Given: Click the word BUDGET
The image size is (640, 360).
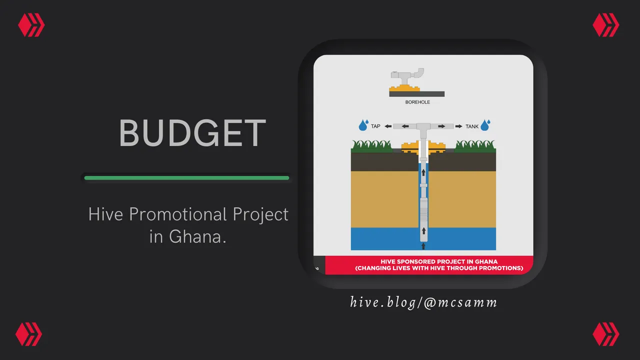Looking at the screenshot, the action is [192, 133].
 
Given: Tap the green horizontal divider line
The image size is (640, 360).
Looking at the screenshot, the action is [186, 178].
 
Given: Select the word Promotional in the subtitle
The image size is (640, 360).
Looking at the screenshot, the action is [177, 214].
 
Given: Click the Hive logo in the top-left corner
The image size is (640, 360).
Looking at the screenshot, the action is [31, 25].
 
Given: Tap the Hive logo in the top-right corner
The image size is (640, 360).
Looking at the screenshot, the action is [605, 25].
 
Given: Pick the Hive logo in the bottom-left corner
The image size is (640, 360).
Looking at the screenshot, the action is [28, 334].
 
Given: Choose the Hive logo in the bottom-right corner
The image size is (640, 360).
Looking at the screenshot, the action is [605, 334].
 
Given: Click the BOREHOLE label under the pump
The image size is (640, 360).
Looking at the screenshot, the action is [417, 102].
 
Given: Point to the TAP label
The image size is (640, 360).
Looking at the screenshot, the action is [375, 126].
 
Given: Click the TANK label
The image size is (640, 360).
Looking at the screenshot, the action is [471, 126].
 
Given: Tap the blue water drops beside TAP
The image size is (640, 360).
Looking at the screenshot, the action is [363, 125].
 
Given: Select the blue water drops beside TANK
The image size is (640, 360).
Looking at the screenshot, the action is [485, 125].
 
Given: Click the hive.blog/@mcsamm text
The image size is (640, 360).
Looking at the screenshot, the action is [423, 302].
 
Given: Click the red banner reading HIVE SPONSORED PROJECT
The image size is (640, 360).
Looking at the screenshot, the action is [429, 265].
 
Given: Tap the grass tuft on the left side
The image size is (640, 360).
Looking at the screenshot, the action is [371, 146].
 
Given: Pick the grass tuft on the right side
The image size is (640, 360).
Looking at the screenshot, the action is [475, 146].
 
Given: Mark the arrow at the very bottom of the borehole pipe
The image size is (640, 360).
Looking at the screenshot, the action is [423, 246].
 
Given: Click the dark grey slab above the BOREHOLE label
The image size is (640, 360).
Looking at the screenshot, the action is [417, 94].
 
